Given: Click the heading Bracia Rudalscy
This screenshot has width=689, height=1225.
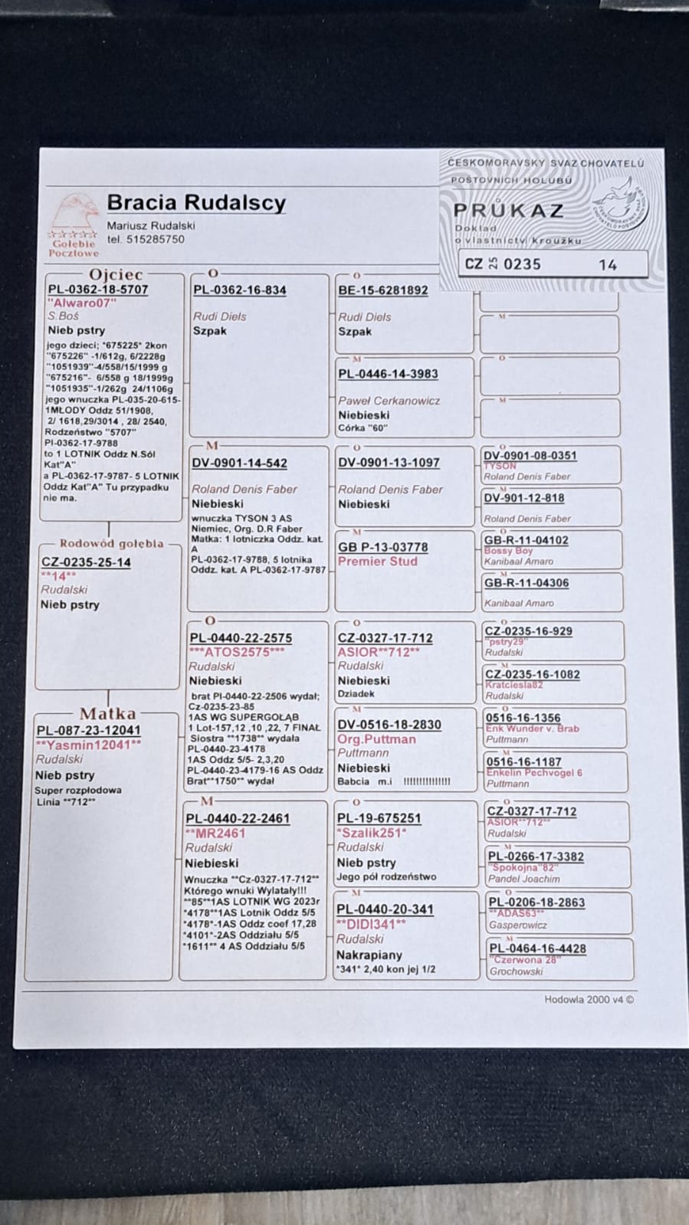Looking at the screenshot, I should click(196, 203).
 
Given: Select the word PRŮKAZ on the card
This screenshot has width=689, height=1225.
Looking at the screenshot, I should click(509, 210).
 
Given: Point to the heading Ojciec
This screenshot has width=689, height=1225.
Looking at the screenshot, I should click(116, 274).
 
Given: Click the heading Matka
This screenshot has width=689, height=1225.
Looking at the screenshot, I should click(107, 714).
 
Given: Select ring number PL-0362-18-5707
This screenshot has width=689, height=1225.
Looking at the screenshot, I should click(98, 290).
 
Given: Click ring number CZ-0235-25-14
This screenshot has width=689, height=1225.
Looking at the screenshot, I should click(86, 562).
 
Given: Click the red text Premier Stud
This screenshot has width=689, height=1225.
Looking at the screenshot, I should click(378, 561).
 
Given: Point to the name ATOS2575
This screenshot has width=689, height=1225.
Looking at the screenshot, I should click(236, 652).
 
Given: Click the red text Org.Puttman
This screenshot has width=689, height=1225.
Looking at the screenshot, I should click(376, 739).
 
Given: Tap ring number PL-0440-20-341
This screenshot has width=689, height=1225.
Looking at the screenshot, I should click(386, 909).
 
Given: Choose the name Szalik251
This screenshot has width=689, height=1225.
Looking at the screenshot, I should click(372, 833).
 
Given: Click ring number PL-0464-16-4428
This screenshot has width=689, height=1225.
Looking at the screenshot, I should click(537, 948).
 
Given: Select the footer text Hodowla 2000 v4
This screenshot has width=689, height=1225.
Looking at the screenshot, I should click(589, 999).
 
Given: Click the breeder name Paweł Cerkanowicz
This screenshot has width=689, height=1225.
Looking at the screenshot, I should click(389, 401).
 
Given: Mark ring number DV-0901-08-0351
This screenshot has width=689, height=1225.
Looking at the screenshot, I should click(530, 456).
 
